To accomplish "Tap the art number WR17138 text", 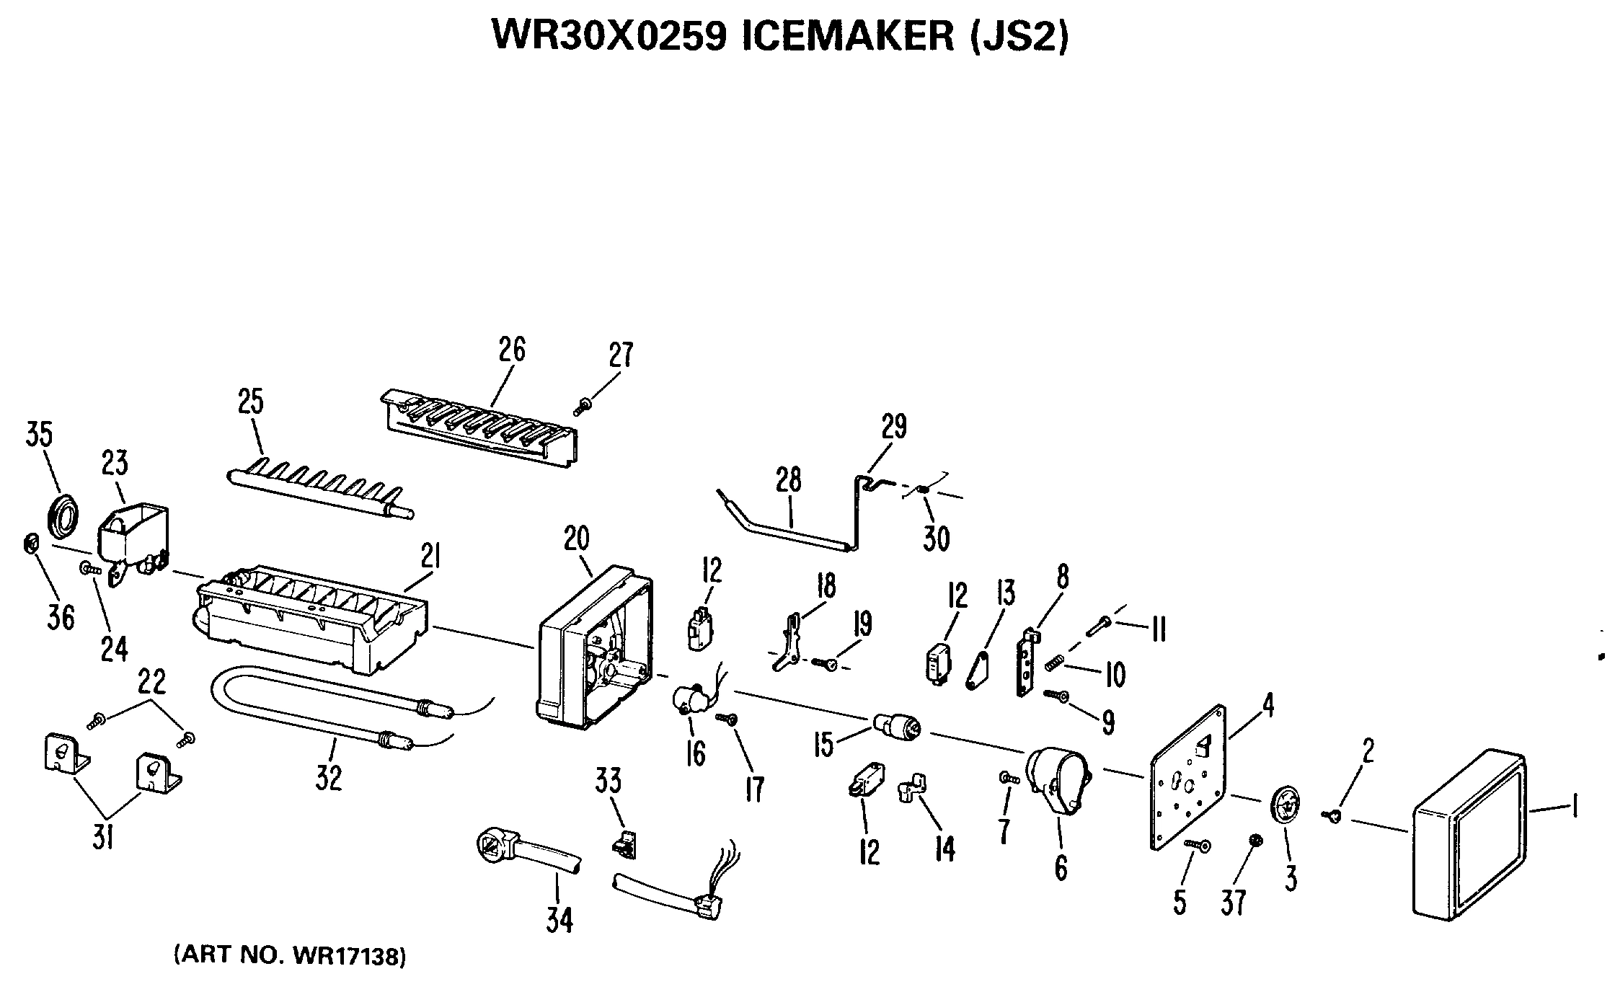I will point(348,956).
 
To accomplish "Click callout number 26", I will point(511,350).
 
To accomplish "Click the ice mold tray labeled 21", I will point(310,619).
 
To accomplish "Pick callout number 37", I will point(1234,901).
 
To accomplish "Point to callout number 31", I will point(103,836).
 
